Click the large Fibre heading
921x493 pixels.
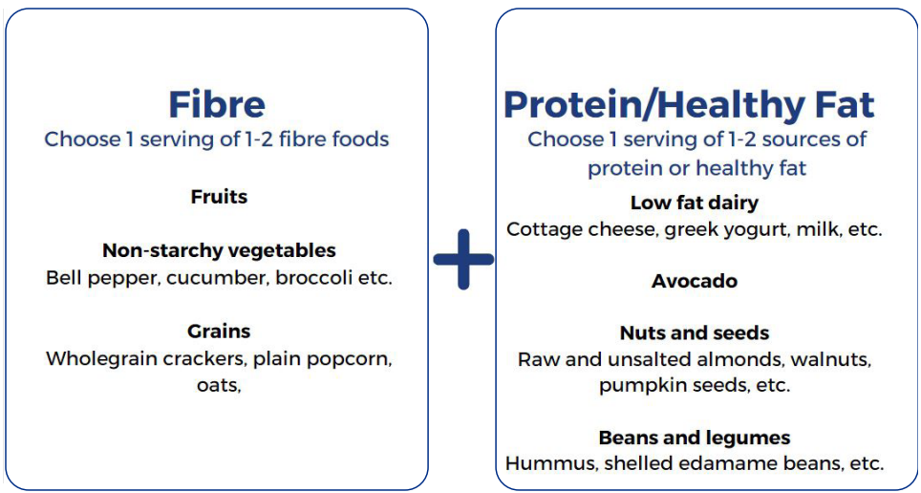217,104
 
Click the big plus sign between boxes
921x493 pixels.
463,259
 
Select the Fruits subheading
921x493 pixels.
219,196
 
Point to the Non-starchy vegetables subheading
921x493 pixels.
219,251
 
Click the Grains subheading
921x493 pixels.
219,331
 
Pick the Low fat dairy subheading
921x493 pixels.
695,204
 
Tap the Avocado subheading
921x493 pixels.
695,281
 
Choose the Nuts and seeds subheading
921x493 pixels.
695,333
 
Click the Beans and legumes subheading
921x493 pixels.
695,438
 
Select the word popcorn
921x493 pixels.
349,359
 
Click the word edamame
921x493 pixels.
720,463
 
